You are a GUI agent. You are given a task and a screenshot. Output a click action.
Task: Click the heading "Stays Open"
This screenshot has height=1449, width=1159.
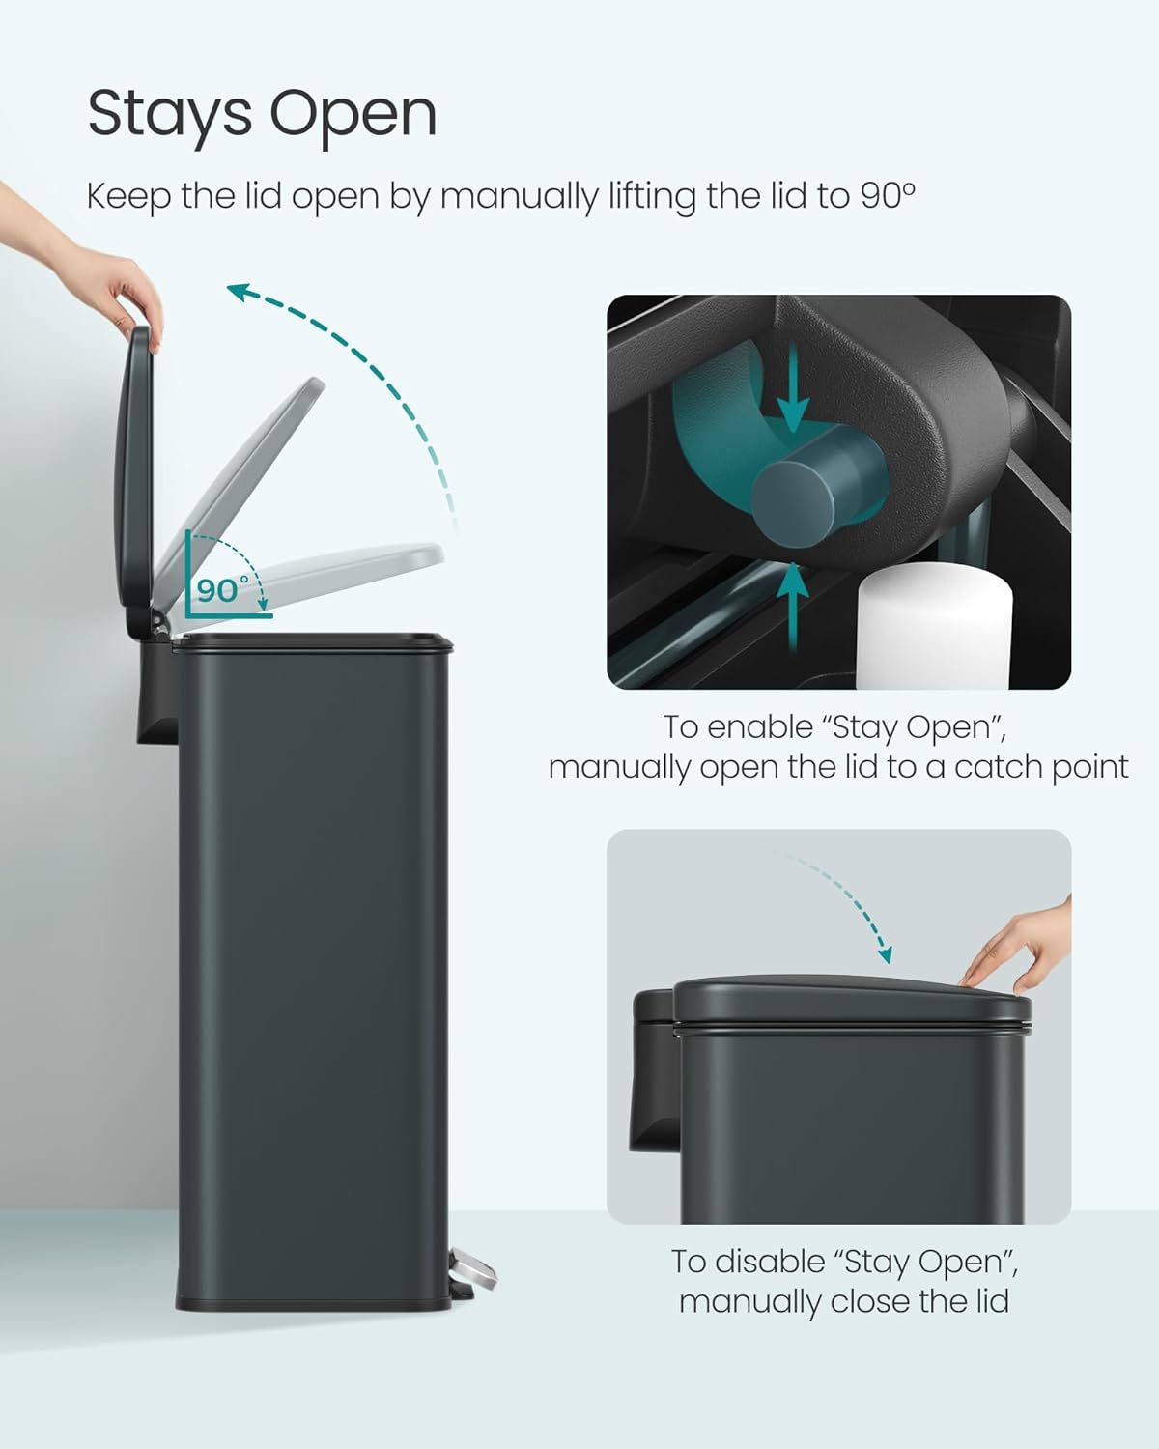262,115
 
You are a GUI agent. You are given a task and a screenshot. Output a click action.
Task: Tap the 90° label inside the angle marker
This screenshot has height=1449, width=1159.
222,588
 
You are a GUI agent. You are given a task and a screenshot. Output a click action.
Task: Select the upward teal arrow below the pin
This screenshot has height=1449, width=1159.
793,593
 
